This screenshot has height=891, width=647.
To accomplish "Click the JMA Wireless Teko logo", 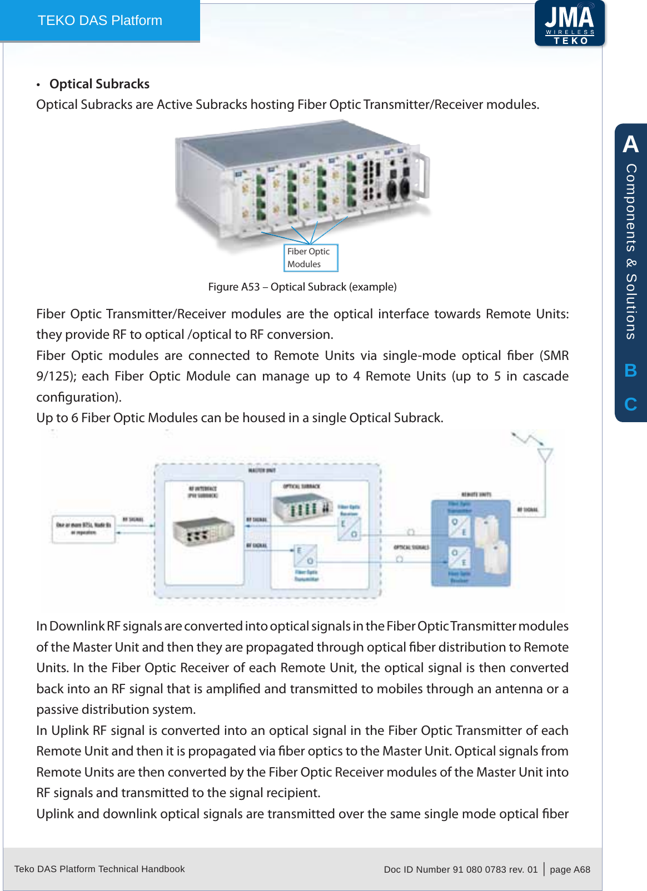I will tap(569, 23).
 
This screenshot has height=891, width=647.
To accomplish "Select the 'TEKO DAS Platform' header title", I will tap(100, 21).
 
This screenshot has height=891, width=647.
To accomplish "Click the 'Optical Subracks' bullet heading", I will tap(99, 84).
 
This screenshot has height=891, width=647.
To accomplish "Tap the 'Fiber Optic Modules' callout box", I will tap(311, 258).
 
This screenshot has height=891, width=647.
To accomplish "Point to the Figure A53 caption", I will tap(302, 287).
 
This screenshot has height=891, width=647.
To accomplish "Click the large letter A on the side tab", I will tap(630, 144).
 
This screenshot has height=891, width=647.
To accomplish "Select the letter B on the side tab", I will tap(630, 370).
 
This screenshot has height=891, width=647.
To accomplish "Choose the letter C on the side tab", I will tap(630, 404).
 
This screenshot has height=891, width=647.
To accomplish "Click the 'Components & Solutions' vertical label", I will tap(631, 251).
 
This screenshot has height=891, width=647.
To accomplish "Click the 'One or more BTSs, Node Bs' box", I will tap(83, 528).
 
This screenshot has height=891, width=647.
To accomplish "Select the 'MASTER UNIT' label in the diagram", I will tap(261, 470).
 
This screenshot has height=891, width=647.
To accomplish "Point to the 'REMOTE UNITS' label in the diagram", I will tap(476, 494).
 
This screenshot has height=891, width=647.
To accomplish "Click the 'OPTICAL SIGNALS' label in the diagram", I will tap(411, 547).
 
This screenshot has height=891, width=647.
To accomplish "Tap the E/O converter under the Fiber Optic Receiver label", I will tap(349, 528).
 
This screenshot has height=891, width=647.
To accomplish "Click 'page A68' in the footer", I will tap(570, 869).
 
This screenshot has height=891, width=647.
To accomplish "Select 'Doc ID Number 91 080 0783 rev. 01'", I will tap(460, 869).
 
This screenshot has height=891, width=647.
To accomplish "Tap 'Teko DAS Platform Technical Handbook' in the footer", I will tap(99, 869).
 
